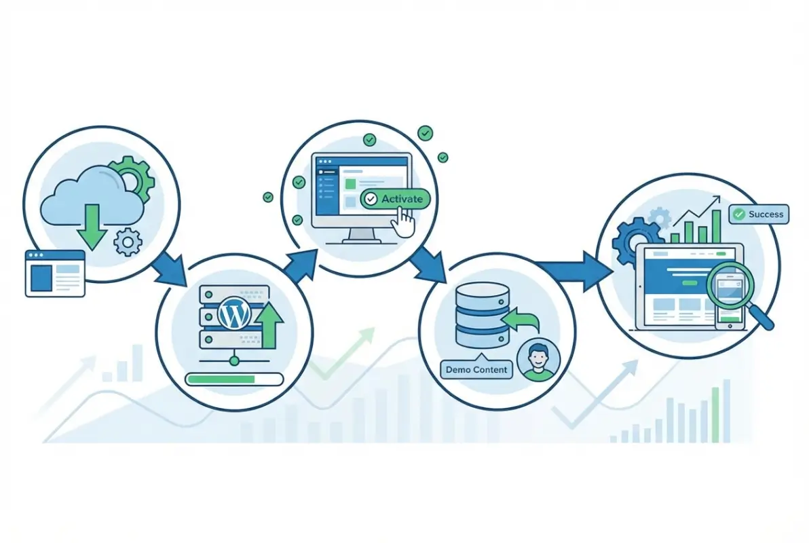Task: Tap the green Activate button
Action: [x=396, y=199]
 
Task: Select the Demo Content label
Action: [x=477, y=369]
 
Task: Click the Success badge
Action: [x=759, y=214]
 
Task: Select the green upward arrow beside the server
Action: [x=271, y=324]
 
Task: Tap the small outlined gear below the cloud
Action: [x=128, y=242]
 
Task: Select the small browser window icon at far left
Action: [x=55, y=273]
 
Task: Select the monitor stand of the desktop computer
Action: [x=362, y=236]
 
